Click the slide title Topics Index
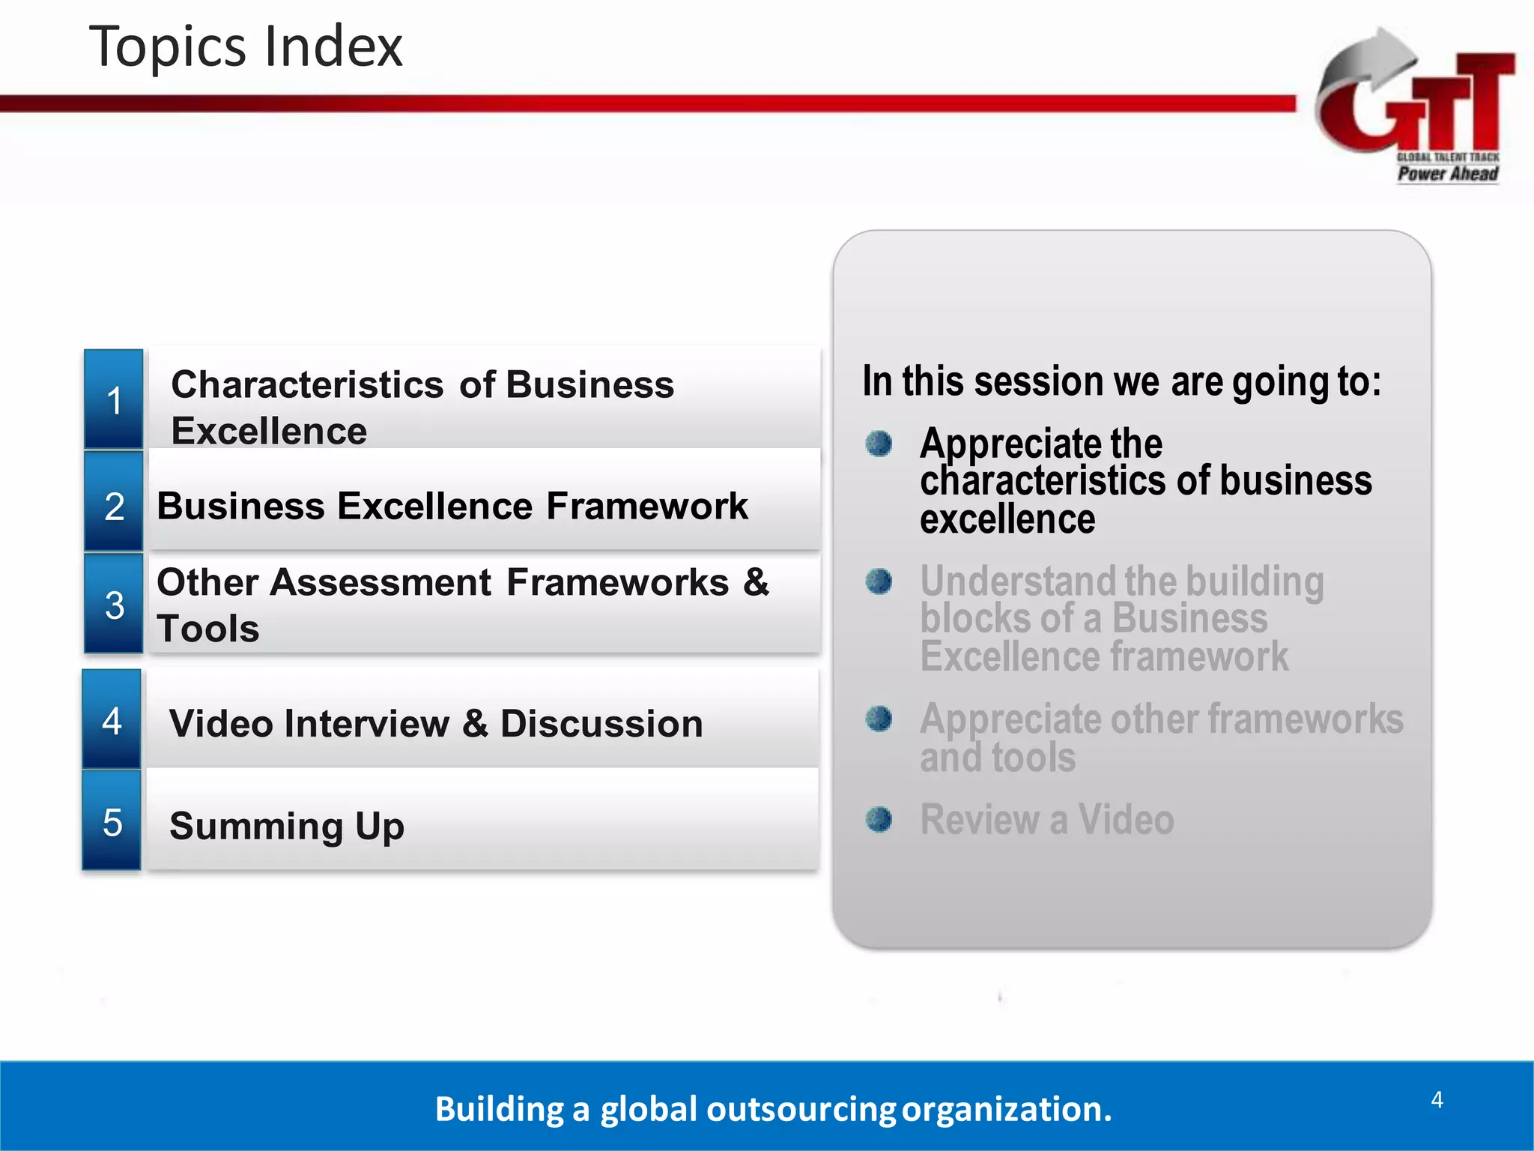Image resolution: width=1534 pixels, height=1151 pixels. point(246,46)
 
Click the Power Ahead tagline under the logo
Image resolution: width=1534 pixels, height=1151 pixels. point(1447,174)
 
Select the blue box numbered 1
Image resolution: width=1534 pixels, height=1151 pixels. point(114,399)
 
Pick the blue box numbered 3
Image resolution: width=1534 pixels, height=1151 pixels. point(114,604)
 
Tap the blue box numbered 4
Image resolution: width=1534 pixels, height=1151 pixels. point(112,720)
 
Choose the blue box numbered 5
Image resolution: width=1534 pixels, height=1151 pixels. point(112,822)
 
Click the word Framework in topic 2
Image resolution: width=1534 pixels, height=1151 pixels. point(646,506)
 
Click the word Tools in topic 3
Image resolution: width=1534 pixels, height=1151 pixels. point(208,628)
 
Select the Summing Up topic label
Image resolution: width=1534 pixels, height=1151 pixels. point(287,826)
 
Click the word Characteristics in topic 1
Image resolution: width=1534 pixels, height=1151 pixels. point(307,384)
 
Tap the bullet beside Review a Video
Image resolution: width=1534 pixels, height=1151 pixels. point(879,819)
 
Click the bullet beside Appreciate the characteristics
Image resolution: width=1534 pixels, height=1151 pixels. point(879,444)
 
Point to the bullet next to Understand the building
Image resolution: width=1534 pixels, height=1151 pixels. point(879,581)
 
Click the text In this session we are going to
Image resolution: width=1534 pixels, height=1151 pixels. point(1121,381)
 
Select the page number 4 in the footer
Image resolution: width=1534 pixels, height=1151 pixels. point(1437,1099)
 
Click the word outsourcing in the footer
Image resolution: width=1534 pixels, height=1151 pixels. point(801,1109)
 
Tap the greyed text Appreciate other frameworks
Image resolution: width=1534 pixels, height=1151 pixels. point(1161,719)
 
